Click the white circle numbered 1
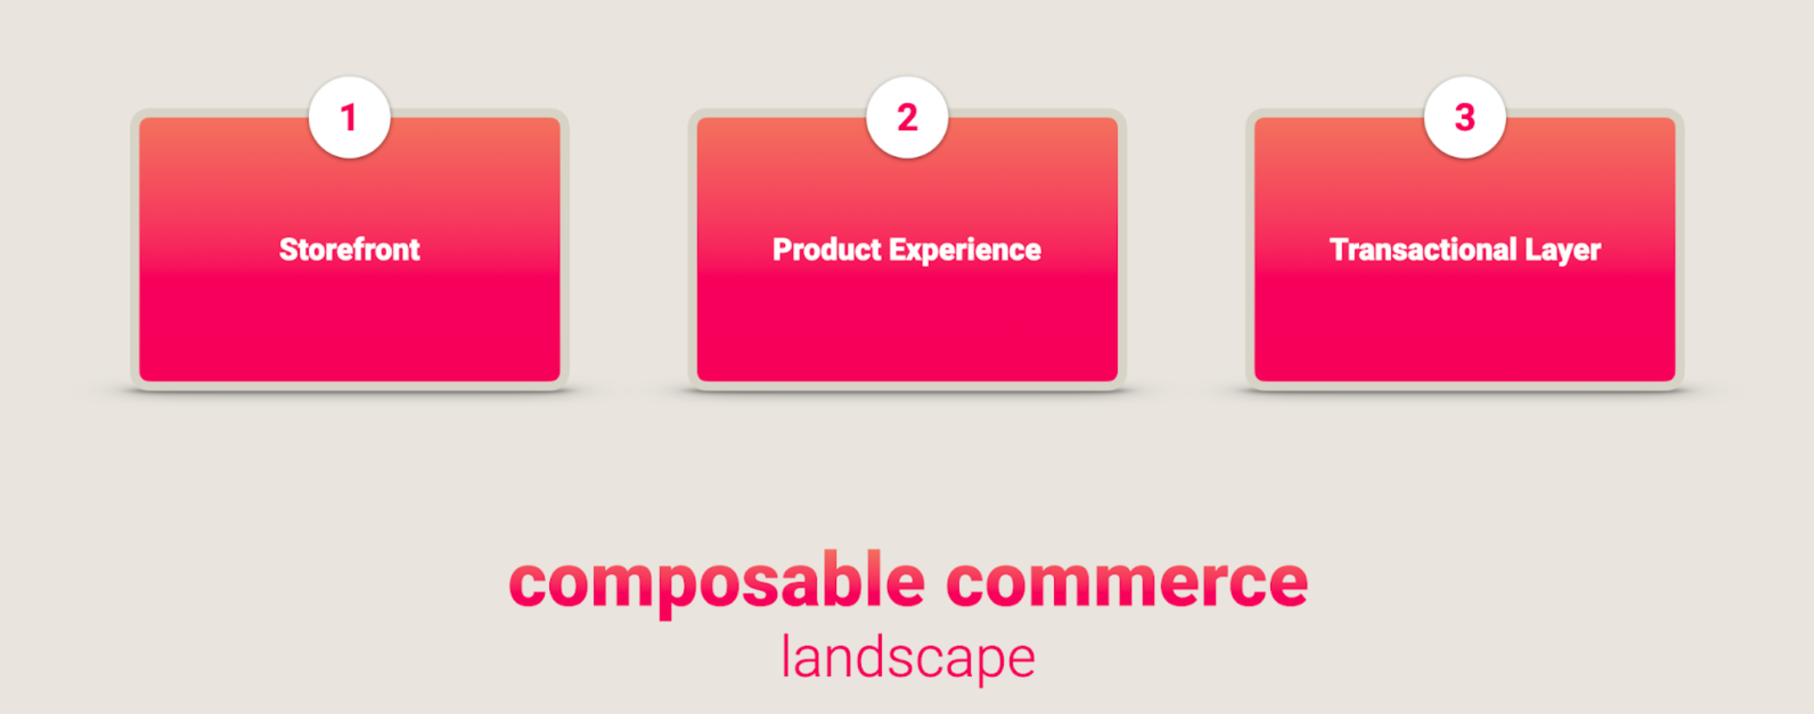coord(349,117)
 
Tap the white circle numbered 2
coord(907,117)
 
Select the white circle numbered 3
coord(1465,117)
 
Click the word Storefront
coord(350,250)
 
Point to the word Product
coord(827,250)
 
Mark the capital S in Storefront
coord(289,250)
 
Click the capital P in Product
coord(782,250)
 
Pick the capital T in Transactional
coord(1339,250)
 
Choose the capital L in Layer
coord(1533,250)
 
